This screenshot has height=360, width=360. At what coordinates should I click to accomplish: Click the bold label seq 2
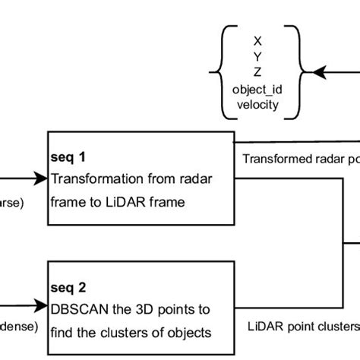tap(68, 289)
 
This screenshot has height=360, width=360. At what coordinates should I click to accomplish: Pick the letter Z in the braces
tap(258, 72)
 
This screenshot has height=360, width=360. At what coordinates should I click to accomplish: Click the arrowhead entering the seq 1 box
tap(42, 179)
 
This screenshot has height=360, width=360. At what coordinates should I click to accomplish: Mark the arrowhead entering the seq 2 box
tap(42, 308)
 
